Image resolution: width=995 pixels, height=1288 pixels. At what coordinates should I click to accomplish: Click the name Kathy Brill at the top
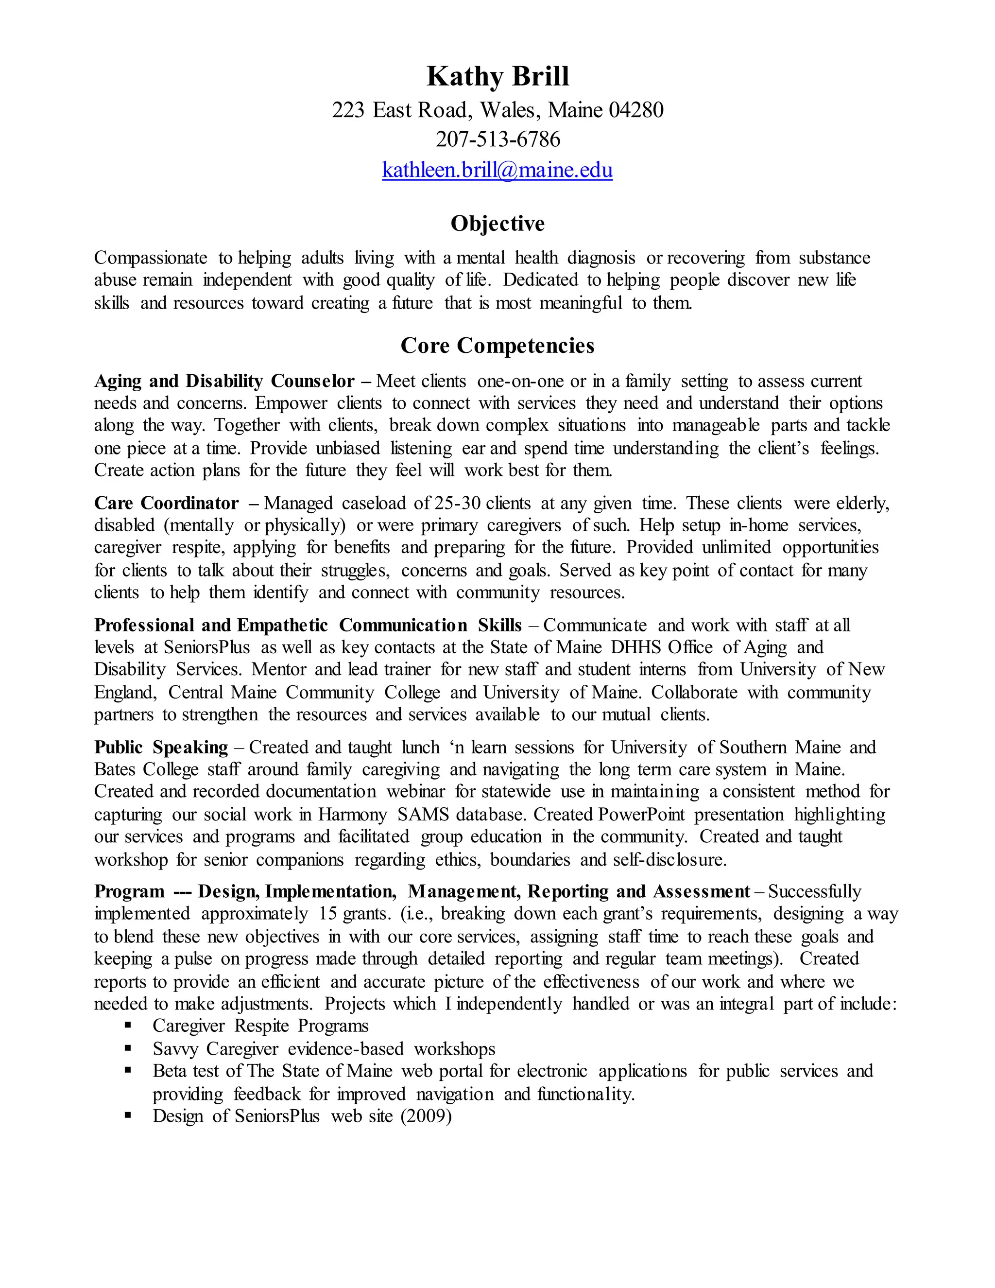pos(497,77)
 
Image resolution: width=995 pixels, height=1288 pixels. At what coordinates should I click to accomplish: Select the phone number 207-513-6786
pos(497,139)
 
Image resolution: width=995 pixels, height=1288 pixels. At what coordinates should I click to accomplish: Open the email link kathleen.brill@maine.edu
pos(497,170)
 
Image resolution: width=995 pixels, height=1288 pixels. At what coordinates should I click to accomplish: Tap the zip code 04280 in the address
pos(636,110)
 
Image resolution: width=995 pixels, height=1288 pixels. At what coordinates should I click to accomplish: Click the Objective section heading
pos(497,224)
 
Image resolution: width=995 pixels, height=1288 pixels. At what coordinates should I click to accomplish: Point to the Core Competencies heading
pos(497,346)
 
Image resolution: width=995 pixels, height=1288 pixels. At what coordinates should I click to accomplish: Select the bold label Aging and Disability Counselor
pos(224,381)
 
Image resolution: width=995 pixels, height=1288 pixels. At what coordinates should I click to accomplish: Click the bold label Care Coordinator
pos(166,503)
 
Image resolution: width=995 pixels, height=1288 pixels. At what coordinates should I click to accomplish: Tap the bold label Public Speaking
pos(161,747)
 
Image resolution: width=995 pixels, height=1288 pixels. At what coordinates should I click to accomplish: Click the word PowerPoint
pos(641,815)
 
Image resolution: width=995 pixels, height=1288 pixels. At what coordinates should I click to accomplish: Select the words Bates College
pos(146,769)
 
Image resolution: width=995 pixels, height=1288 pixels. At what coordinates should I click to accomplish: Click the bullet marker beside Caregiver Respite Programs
pos(128,1026)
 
